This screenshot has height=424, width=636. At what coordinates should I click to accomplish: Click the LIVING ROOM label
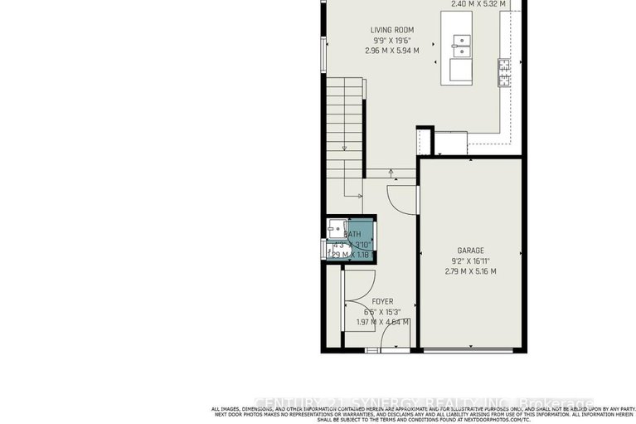click(391, 30)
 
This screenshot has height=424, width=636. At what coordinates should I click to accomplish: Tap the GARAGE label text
click(470, 251)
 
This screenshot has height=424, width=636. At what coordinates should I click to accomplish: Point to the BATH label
click(352, 235)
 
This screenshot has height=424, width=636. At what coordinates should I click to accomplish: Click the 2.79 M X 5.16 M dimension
click(470, 271)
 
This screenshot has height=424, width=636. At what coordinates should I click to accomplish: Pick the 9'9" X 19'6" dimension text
click(391, 40)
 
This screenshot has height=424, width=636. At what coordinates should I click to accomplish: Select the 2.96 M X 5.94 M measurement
click(391, 51)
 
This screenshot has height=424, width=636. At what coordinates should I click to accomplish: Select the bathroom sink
click(336, 230)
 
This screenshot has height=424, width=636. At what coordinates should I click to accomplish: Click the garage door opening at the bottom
click(470, 352)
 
